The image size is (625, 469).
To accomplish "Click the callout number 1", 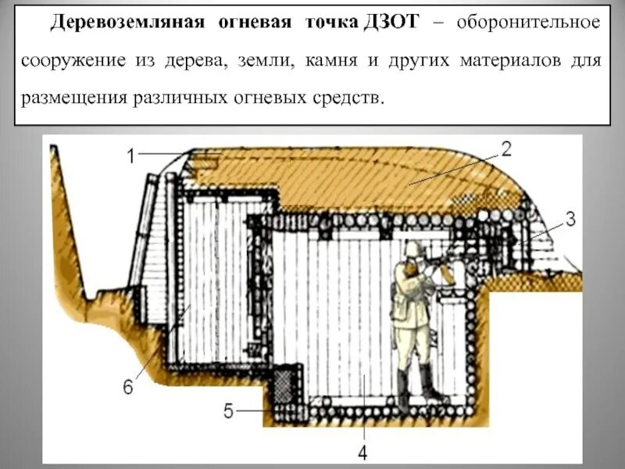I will point(132,156).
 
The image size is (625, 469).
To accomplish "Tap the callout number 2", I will point(505,149).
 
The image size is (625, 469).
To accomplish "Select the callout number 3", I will point(570,220).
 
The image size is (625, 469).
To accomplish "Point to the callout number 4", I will point(363,451).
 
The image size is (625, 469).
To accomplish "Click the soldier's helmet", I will point(412,249).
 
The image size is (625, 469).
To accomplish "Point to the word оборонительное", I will point(529,23).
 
